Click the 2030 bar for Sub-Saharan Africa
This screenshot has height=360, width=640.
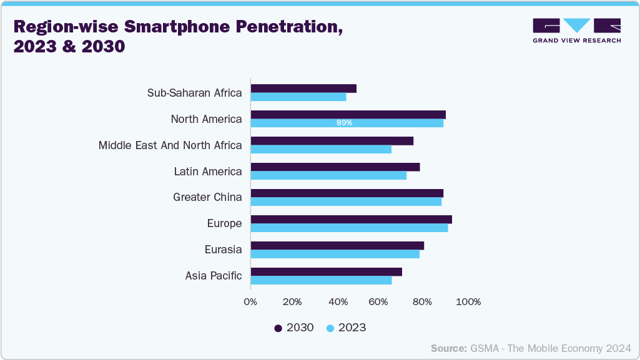(x=303, y=89)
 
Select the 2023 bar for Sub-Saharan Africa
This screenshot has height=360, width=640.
(x=298, y=97)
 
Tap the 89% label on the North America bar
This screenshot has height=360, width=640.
(x=344, y=123)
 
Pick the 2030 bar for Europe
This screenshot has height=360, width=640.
(x=351, y=220)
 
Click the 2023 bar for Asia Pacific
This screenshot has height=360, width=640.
(x=321, y=280)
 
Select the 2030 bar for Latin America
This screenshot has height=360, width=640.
(x=335, y=167)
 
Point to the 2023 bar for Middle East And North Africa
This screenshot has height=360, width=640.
(x=321, y=149)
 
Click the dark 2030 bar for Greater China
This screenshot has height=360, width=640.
(x=347, y=193)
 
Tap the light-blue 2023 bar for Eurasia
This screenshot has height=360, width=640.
(x=335, y=254)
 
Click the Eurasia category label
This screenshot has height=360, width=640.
(x=223, y=250)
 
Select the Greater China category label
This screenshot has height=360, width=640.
(x=207, y=197)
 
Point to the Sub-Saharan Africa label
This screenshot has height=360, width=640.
(x=194, y=93)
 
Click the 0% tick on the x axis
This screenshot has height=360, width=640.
(x=250, y=302)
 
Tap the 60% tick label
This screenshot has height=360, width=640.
(x=380, y=302)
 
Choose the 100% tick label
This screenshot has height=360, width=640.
(x=468, y=302)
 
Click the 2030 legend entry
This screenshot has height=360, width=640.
(x=294, y=328)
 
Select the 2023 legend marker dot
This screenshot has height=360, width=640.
(x=330, y=328)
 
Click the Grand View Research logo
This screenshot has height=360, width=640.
(x=576, y=30)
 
